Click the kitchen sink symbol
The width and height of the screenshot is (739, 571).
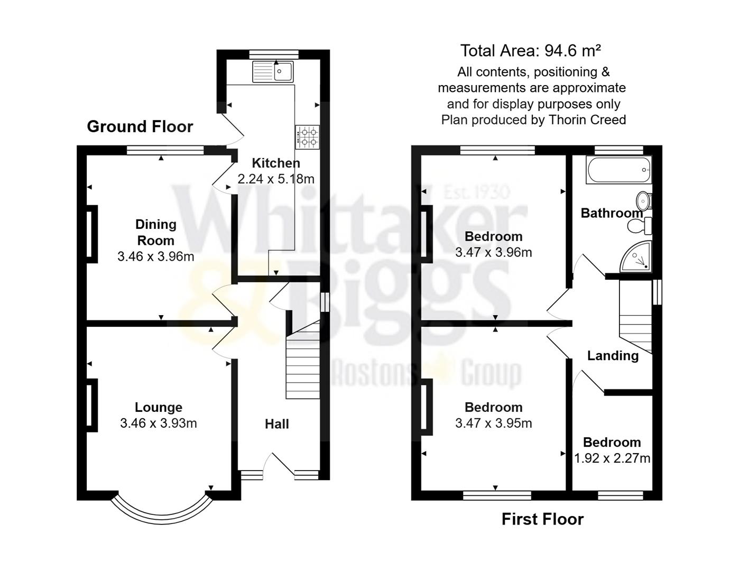(x=273, y=71)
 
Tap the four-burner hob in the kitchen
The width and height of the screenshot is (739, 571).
(x=308, y=136)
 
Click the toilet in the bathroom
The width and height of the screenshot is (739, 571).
(x=640, y=226)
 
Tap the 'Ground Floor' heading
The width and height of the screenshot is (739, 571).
(x=140, y=126)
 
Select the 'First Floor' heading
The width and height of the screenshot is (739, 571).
(x=542, y=519)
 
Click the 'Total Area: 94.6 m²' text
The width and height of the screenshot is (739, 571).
(x=530, y=51)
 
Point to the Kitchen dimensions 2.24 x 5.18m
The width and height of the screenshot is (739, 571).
(x=276, y=179)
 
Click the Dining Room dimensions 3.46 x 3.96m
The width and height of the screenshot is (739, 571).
(x=155, y=257)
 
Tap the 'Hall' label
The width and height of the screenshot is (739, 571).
(x=277, y=424)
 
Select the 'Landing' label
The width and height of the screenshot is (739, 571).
(x=613, y=356)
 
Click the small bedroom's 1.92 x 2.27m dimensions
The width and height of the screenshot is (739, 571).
(x=612, y=458)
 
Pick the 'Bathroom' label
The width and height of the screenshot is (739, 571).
(x=612, y=213)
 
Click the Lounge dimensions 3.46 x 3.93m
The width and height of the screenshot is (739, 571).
(x=158, y=423)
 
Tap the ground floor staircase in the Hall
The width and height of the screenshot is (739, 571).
(x=303, y=365)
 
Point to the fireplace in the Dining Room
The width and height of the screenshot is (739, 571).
(x=91, y=233)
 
